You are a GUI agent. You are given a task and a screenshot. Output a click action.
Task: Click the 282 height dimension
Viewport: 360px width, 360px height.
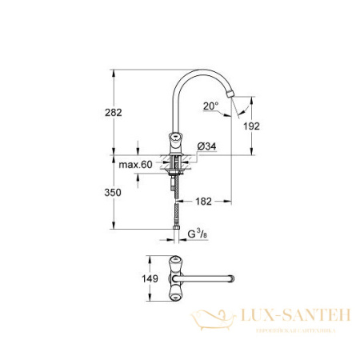point(114,113)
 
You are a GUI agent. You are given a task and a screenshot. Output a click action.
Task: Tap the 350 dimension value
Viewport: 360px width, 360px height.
point(114,193)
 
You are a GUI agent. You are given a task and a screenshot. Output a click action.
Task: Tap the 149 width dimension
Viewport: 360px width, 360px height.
point(137,279)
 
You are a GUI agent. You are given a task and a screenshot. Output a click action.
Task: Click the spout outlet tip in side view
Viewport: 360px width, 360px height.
point(232,96)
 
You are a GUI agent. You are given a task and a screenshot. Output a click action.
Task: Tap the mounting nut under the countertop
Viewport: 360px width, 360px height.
point(177,168)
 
